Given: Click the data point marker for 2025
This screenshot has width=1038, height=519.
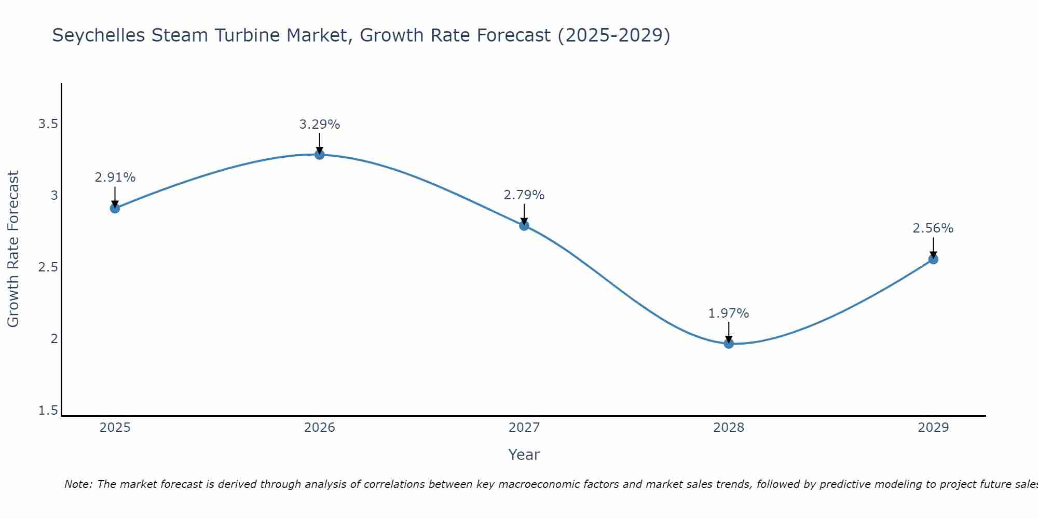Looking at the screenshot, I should (x=115, y=208).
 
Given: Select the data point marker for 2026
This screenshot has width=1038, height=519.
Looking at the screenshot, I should (x=320, y=154).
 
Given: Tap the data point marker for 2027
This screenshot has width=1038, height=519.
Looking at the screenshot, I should (x=524, y=225).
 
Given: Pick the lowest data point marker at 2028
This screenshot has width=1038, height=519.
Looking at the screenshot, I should (x=729, y=343).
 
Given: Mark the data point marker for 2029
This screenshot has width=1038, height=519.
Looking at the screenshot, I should (x=933, y=259).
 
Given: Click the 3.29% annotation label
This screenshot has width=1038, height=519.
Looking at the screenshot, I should (x=320, y=125).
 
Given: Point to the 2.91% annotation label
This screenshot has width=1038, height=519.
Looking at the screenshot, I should (x=115, y=177).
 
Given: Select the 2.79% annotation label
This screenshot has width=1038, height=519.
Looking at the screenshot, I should (x=524, y=195).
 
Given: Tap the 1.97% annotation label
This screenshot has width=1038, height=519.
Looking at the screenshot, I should (x=729, y=313).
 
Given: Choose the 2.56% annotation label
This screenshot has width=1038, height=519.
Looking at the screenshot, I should (x=933, y=228).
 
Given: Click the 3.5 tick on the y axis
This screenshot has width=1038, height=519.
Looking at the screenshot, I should (x=48, y=124).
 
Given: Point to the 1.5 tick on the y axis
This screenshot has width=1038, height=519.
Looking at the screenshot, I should (x=48, y=411).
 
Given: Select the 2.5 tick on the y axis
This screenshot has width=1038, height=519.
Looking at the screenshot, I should (x=48, y=267).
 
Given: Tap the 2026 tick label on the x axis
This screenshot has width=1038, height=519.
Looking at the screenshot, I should (x=320, y=428).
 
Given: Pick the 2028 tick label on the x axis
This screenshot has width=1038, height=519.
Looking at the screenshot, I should (x=729, y=428).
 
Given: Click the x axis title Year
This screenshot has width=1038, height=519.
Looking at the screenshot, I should (x=524, y=455).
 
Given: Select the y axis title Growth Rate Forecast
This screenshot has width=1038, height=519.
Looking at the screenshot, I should (x=13, y=249).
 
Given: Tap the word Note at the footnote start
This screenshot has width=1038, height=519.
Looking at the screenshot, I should (x=78, y=484).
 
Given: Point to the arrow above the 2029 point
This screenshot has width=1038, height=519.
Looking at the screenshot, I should (x=933, y=247).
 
